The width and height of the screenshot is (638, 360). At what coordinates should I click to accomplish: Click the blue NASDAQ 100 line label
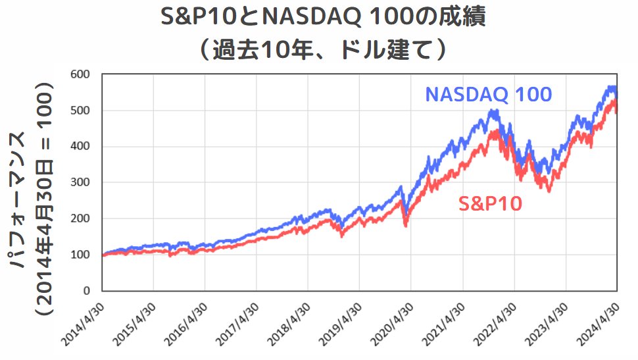click(488, 95)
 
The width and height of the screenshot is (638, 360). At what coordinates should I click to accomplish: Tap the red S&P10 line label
click(490, 204)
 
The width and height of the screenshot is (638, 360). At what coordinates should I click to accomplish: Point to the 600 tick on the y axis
click(80, 74)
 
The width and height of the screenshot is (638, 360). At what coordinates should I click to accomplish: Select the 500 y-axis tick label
click(80, 110)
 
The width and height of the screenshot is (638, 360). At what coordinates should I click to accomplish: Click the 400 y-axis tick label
click(80, 146)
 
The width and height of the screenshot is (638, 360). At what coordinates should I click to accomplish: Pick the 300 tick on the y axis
click(80, 182)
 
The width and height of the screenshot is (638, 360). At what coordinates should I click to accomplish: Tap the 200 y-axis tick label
click(80, 219)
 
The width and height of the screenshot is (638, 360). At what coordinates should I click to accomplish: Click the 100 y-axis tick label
click(80, 255)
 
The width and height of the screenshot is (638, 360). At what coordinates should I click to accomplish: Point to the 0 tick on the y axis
click(86, 291)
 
